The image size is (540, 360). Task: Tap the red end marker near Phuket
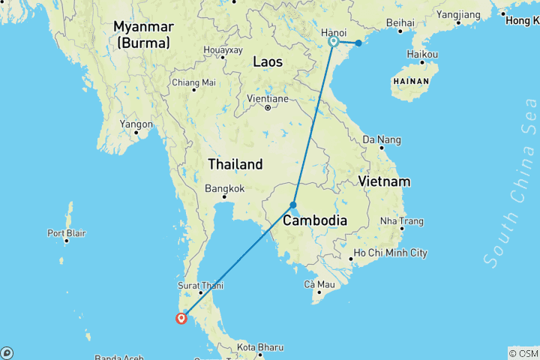pos(181,318)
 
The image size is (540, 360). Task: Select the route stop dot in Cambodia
pos(293,205)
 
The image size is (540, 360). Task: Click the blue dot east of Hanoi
pos(358,43)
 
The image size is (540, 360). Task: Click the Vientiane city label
pos(267,98)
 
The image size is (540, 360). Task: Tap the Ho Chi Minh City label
pos(390,253)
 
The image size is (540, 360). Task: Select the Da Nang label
pos(382,139)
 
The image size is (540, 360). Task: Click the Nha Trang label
pos(402,221)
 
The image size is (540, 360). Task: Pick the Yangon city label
pos(135,124)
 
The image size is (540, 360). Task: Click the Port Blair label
pos(67,232)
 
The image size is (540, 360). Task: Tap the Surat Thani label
pos(200,285)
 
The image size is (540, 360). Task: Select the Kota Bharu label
pos(259,347)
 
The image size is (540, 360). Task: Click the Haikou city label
pos(421,55)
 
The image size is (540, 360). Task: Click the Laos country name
pos(268,62)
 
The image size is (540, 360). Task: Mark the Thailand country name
pos(235,163)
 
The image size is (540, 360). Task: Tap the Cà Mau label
pos(319,284)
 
